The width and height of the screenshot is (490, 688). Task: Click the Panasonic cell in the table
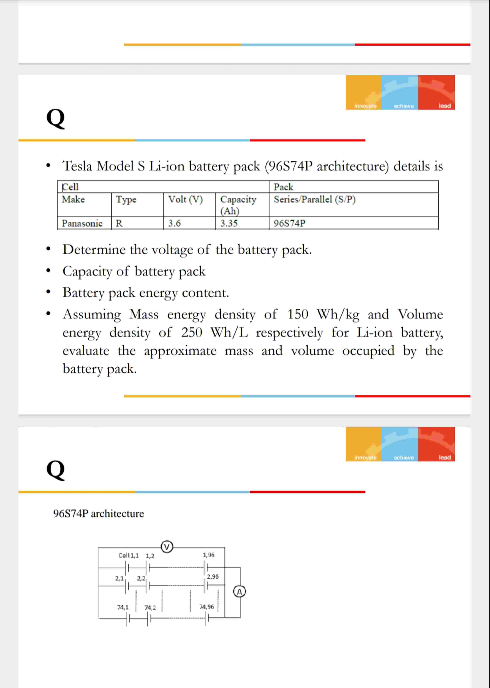pyautogui.click(x=82, y=223)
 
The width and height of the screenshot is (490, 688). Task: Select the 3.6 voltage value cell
pyautogui.click(x=174, y=223)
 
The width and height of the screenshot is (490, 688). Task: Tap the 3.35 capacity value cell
pyautogui.click(x=229, y=223)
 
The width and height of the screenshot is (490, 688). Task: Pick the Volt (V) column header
pyautogui.click(x=185, y=199)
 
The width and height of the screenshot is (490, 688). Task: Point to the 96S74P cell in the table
pyautogui.click(x=289, y=223)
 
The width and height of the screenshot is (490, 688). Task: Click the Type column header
pyautogui.click(x=126, y=199)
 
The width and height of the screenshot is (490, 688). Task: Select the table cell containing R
pyautogui.click(x=119, y=223)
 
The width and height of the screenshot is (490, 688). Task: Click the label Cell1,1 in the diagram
pyautogui.click(x=129, y=555)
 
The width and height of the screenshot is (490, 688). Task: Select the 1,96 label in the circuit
pyautogui.click(x=208, y=555)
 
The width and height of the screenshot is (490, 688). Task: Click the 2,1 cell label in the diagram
pyautogui.click(x=119, y=578)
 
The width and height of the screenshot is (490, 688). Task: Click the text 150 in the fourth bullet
pyautogui.click(x=298, y=314)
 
